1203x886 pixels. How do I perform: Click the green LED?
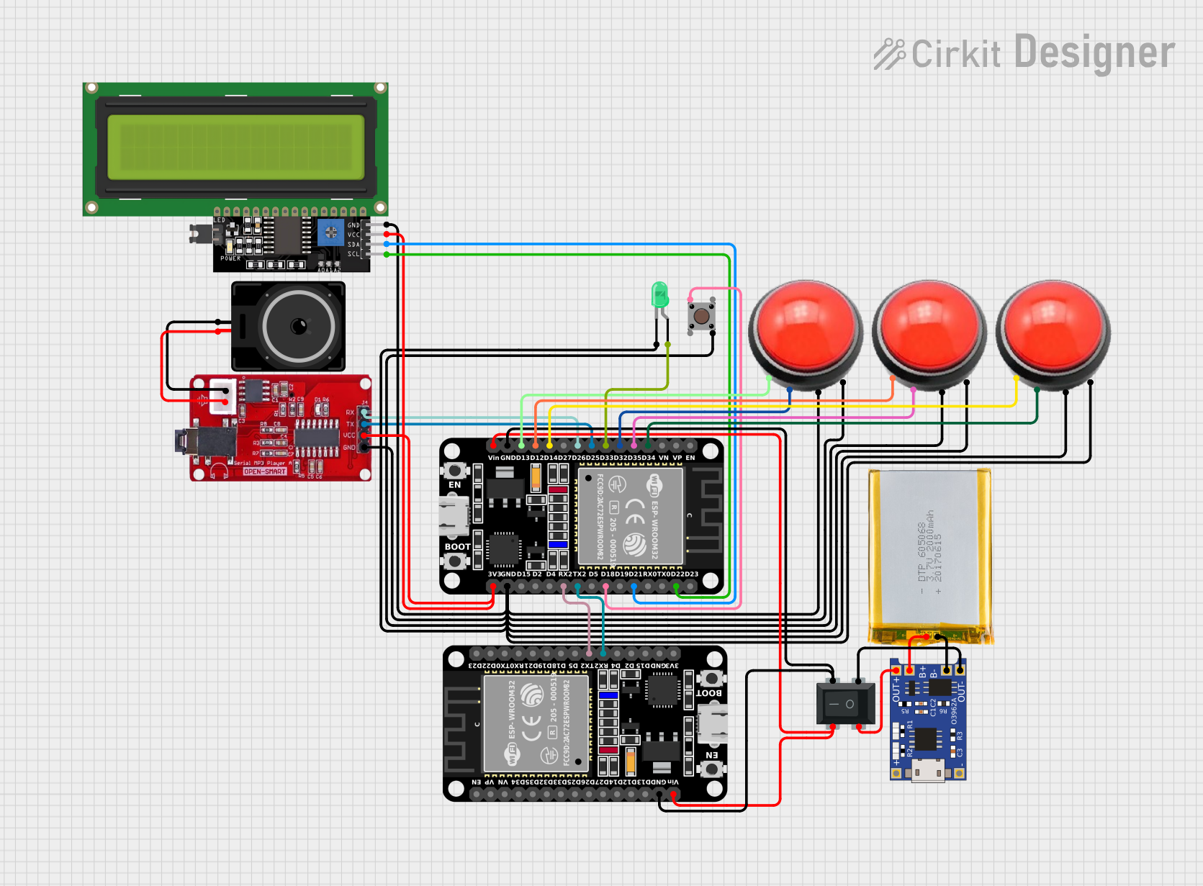(659, 295)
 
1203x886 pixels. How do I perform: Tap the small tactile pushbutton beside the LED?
(701, 316)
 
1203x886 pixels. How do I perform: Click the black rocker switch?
(845, 704)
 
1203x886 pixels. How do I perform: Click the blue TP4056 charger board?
(928, 720)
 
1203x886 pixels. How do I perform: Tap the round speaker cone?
(299, 327)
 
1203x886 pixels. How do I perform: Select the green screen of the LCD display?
(236, 148)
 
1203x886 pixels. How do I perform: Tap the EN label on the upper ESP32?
(455, 485)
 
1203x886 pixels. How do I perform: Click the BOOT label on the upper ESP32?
(457, 547)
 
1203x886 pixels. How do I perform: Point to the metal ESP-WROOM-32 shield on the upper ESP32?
(631, 516)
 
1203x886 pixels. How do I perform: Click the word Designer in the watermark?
(1094, 53)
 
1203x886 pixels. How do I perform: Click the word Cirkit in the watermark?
(955, 55)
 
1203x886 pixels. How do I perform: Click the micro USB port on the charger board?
(928, 771)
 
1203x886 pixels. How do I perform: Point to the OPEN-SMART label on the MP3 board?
(265, 471)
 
